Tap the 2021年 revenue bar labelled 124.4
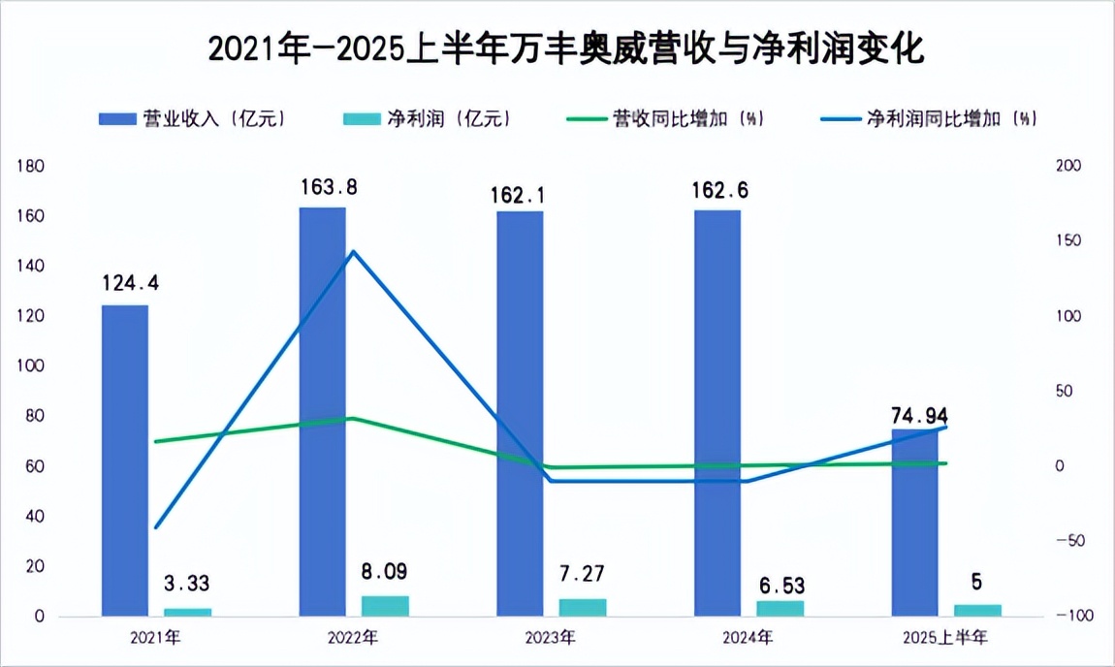[x=125, y=460]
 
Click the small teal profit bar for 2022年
[x=385, y=605]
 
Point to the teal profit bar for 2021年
[x=187, y=612]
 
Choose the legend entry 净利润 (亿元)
[x=428, y=118]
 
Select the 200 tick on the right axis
[x=1067, y=167]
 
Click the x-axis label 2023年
[x=551, y=637]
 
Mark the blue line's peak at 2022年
[x=353, y=252]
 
